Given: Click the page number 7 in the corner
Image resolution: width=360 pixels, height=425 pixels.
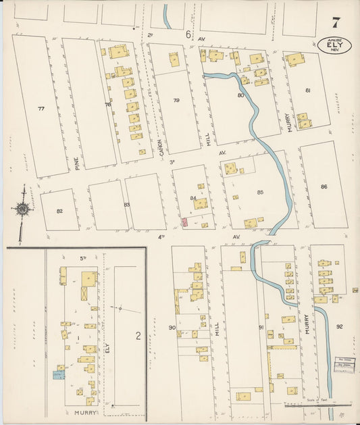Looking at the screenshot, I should (x=336, y=21).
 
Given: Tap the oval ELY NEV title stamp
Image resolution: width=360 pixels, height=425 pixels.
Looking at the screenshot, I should (x=334, y=45).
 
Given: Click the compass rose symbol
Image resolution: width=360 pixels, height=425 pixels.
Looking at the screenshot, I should (x=23, y=209).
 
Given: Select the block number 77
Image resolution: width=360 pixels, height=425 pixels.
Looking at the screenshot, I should (x=41, y=109).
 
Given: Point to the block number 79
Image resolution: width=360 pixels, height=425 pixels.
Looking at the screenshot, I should (x=176, y=101).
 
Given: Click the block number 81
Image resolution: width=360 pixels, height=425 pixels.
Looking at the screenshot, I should (x=307, y=90).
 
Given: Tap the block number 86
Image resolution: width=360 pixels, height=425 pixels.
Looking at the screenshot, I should (x=324, y=186).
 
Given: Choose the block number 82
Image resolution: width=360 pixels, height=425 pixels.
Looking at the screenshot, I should (x=59, y=211).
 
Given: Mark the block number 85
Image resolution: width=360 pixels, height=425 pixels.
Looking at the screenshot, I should (x=260, y=193).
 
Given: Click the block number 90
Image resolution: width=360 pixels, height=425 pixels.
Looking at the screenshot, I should (x=172, y=328).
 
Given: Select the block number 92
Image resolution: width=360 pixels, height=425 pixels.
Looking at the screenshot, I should (x=340, y=326).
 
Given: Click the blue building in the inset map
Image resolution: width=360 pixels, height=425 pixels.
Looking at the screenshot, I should (x=58, y=374).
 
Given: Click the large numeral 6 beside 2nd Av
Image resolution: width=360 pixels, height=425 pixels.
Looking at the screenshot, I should (x=190, y=34).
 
